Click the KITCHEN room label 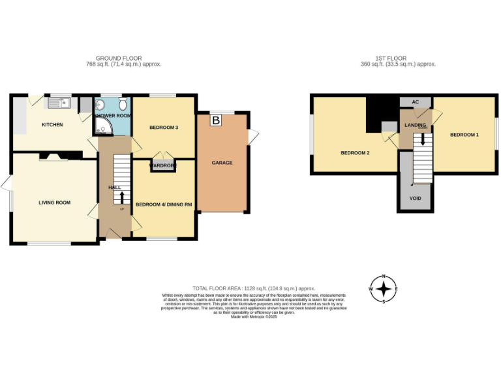click(x=52, y=124)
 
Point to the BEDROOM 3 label click(x=164, y=128)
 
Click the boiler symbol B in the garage click(x=215, y=120)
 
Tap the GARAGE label click(x=222, y=163)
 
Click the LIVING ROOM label click(x=54, y=202)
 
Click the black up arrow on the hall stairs click(x=121, y=197)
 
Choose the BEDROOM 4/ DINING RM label click(x=164, y=204)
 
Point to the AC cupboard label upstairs click(x=415, y=102)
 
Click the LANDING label click(x=415, y=124)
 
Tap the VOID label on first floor click(x=415, y=198)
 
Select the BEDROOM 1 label click(x=464, y=134)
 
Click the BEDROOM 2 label click(x=355, y=153)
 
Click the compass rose click(x=384, y=288)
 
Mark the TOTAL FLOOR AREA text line click(x=254, y=288)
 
